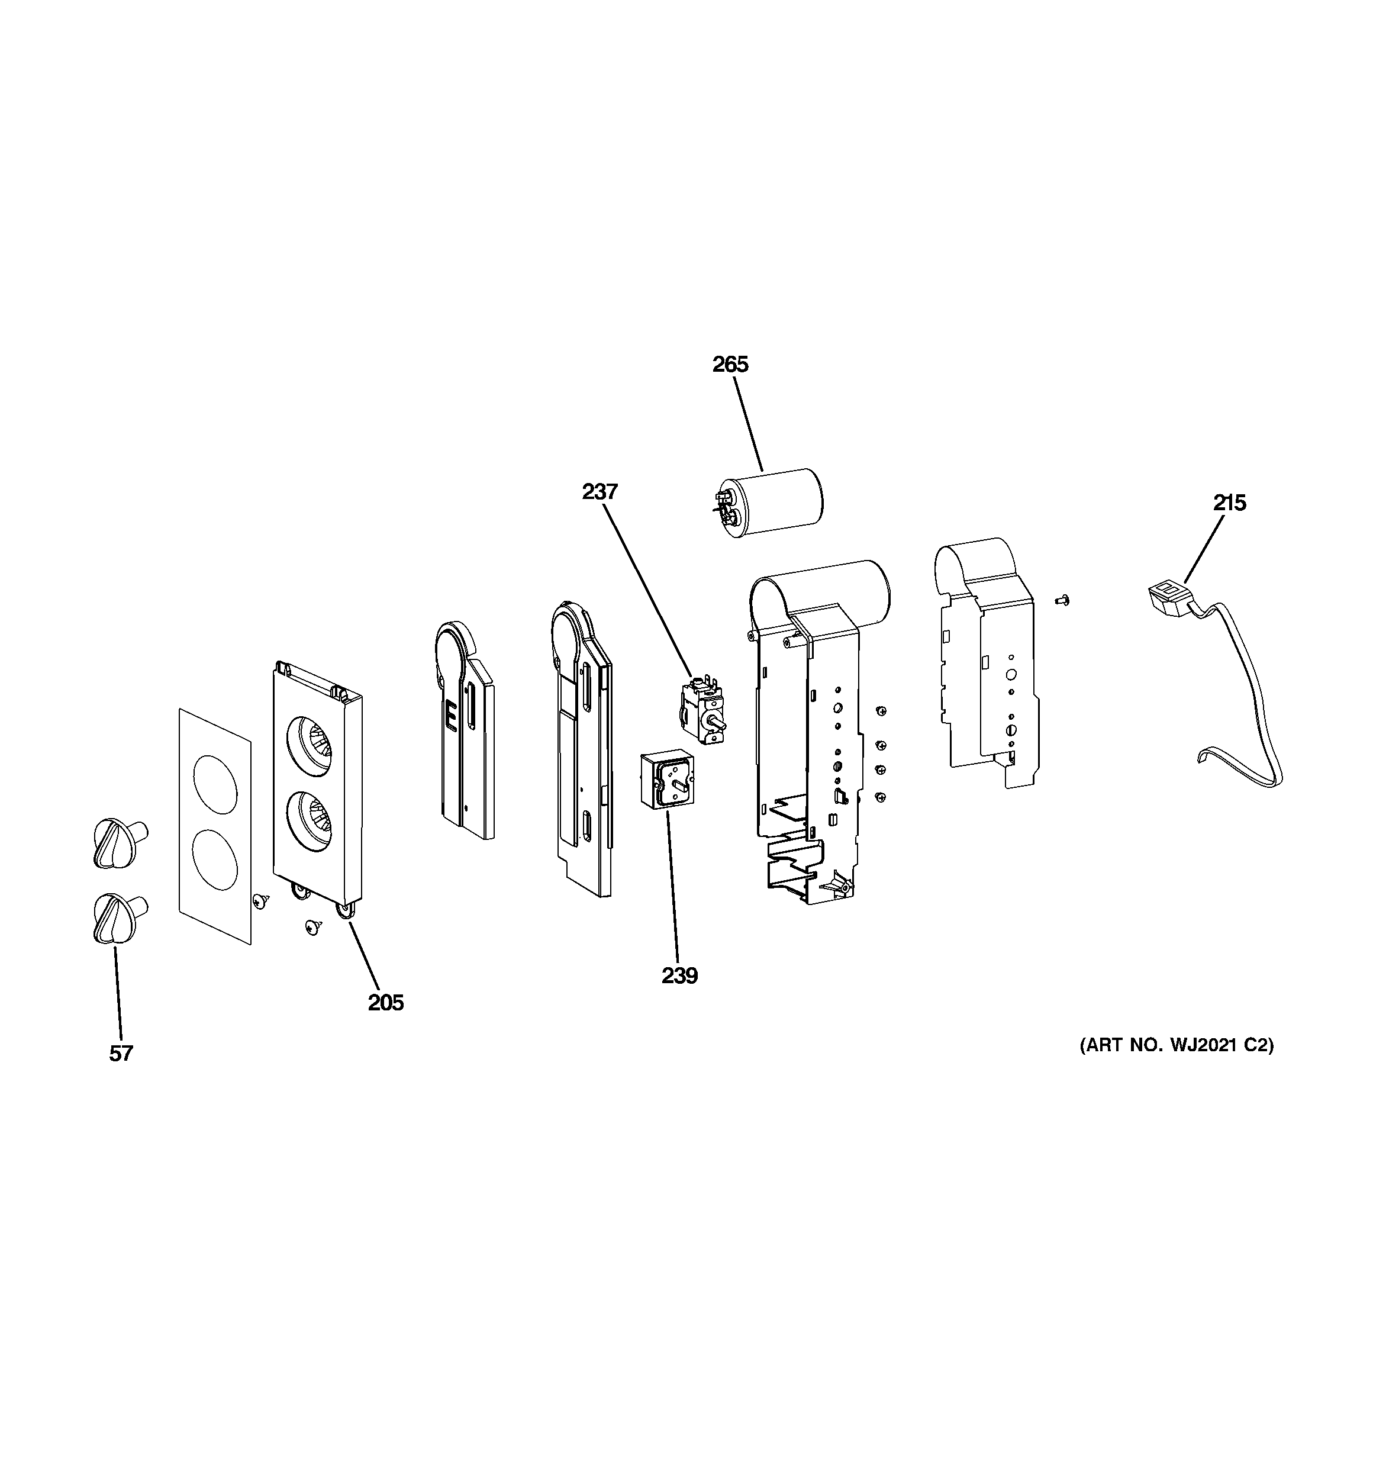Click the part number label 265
(730, 365)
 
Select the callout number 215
(1229, 503)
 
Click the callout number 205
(385, 1002)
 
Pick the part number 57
(121, 1054)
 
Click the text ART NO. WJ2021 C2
(1177, 1045)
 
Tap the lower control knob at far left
(118, 917)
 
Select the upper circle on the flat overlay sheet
(215, 784)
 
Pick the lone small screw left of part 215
(1062, 601)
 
